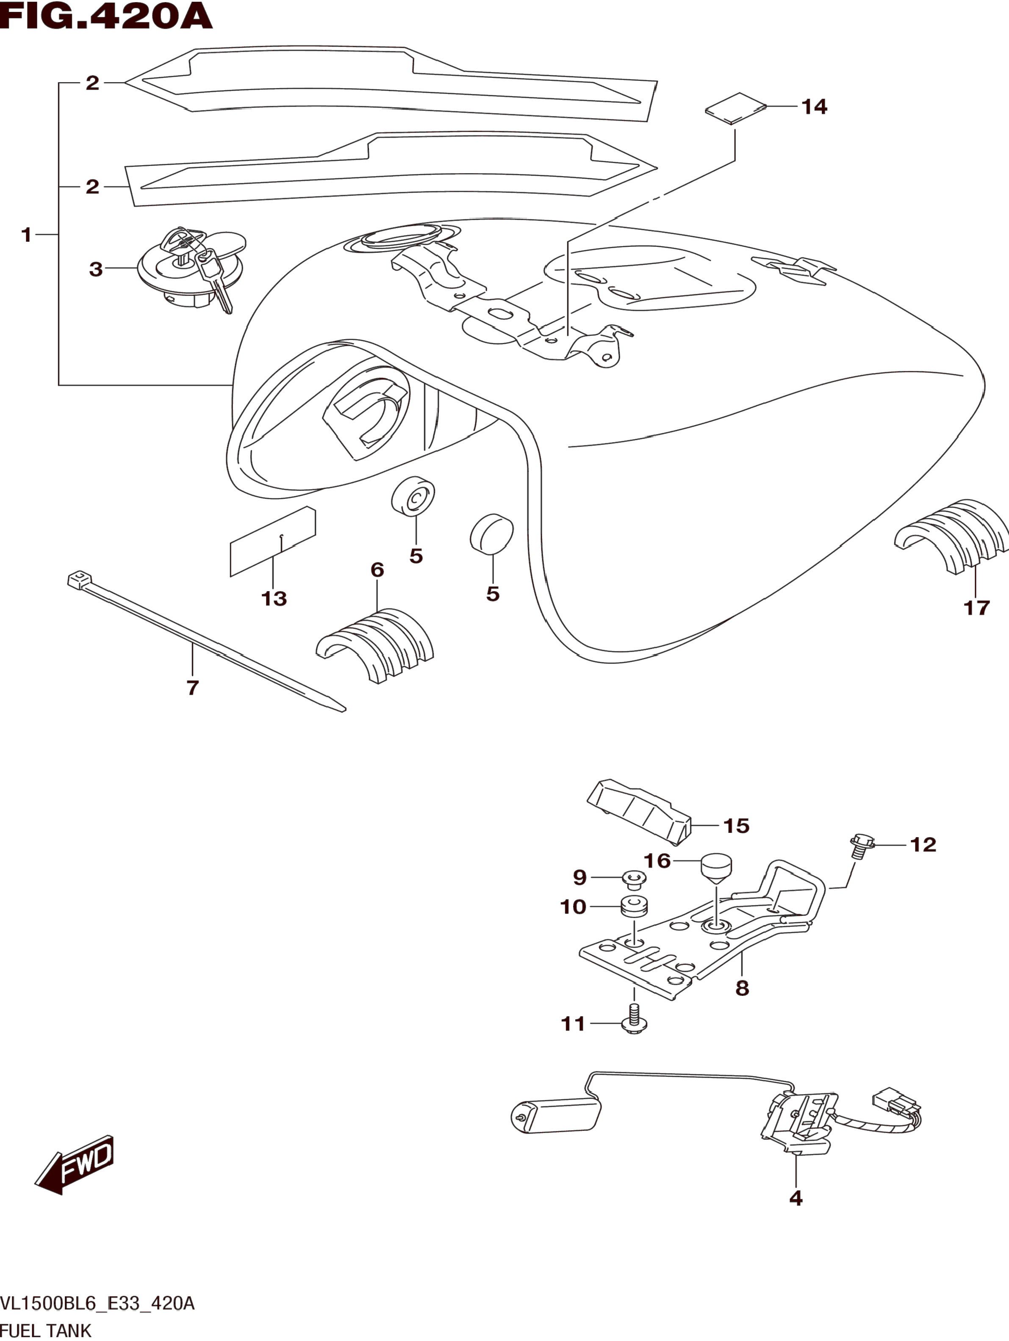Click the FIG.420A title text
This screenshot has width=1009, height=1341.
click(106, 17)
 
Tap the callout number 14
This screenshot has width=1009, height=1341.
click(814, 107)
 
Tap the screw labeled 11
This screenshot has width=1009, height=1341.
click(634, 1021)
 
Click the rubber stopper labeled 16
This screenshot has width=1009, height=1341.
click(717, 866)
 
